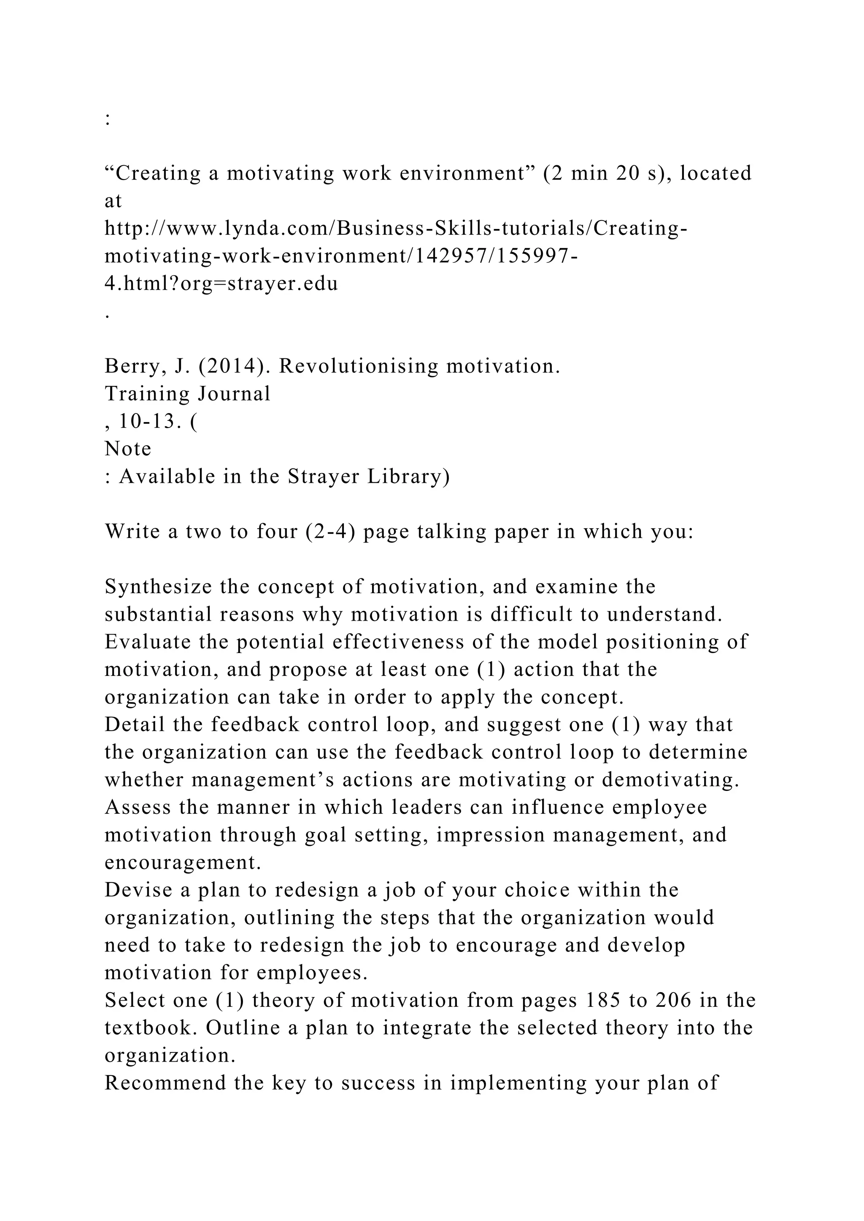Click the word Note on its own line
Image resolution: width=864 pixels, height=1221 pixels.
pyautogui.click(x=128, y=449)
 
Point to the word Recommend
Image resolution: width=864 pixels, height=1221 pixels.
pyautogui.click(x=165, y=1083)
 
